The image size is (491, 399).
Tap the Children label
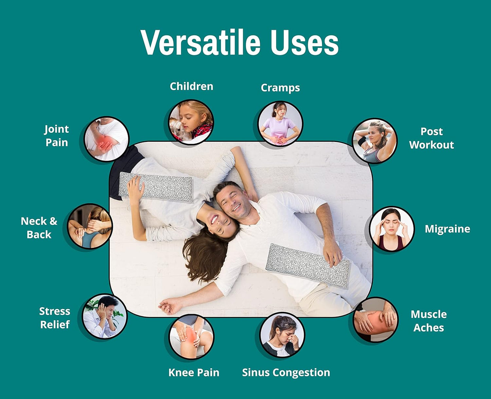tap(191, 86)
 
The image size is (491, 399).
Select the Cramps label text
tap(280, 88)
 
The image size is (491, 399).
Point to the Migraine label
tap(447, 229)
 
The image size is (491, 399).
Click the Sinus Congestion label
tap(286, 372)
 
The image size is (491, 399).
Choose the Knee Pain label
tap(194, 372)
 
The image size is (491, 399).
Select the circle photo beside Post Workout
tap(374, 141)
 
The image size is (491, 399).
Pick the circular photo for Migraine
tap(392, 229)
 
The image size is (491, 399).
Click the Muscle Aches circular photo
tap(375, 320)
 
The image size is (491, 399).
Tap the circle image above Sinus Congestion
tap(282, 335)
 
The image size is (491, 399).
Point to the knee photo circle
tap(191, 337)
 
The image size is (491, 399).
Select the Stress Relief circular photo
tap(105, 317)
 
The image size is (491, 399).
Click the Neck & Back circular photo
tap(90, 226)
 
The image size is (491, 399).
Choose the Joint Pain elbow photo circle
tap(106, 139)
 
